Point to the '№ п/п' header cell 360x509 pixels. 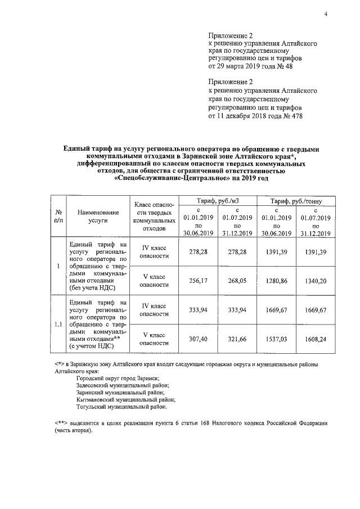point(58,217)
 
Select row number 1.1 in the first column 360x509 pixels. point(58,325)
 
